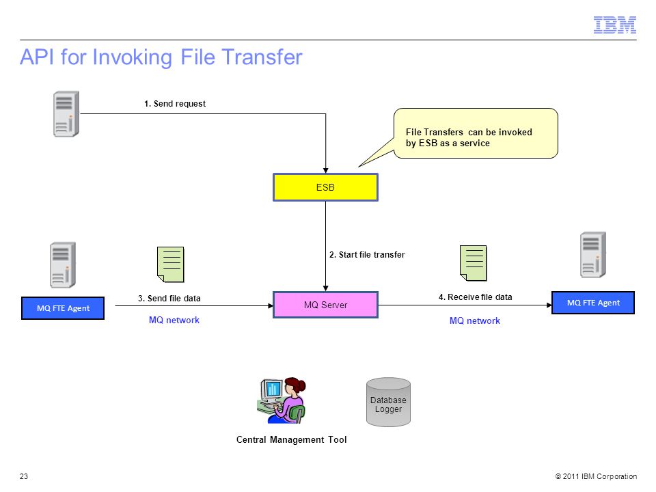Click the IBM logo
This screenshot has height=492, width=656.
[614, 25]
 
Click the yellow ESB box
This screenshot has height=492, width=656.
[325, 187]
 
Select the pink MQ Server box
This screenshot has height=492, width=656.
[325, 305]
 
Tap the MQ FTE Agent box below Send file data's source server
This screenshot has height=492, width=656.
[63, 308]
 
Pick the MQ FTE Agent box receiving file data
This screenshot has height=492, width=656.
[593, 303]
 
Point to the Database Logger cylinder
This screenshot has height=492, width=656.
[388, 402]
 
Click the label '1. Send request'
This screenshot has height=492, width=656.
[175, 104]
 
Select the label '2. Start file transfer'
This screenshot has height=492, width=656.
[367, 254]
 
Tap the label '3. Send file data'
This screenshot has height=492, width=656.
[169, 299]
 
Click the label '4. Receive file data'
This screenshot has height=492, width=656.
[476, 297]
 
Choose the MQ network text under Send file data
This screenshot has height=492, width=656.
[174, 320]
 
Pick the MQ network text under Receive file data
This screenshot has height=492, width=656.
[475, 321]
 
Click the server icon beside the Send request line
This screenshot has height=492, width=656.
[66, 114]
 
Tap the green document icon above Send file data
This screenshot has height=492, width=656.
[171, 264]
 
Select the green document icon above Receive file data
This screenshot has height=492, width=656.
[473, 263]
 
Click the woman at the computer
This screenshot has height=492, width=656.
[282, 400]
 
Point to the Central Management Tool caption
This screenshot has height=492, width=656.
[292, 439]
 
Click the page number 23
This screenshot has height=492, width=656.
[24, 476]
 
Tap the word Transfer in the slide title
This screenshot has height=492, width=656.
[262, 57]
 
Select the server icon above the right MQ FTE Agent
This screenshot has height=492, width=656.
[593, 255]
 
